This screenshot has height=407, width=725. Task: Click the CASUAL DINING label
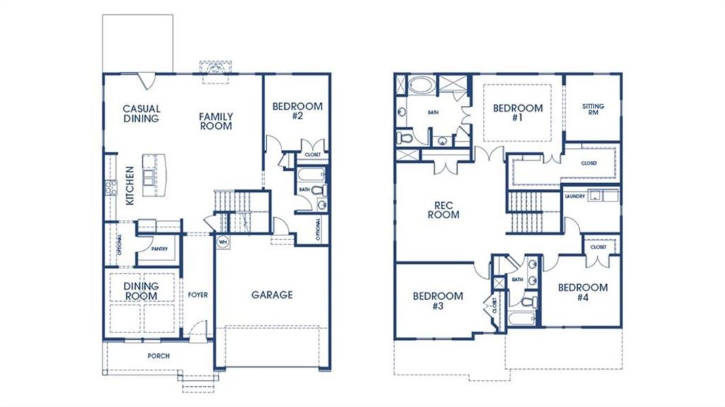click(141, 113)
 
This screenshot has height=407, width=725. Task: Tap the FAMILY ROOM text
click(216, 121)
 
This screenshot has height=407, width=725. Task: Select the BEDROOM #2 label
click(297, 111)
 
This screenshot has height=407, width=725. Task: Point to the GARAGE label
click(272, 294)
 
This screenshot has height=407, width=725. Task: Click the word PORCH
click(159, 356)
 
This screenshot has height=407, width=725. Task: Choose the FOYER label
click(198, 295)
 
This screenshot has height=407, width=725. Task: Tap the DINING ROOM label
click(141, 291)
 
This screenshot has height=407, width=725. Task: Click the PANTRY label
click(159, 249)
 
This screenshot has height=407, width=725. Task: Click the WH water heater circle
click(222, 241)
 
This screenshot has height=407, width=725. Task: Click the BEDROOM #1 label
click(517, 113)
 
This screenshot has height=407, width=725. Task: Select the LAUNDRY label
click(574, 196)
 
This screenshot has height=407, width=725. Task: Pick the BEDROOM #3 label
click(437, 301)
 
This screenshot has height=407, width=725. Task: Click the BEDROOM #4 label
click(583, 292)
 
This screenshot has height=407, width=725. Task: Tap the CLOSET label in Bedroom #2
click(313, 154)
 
